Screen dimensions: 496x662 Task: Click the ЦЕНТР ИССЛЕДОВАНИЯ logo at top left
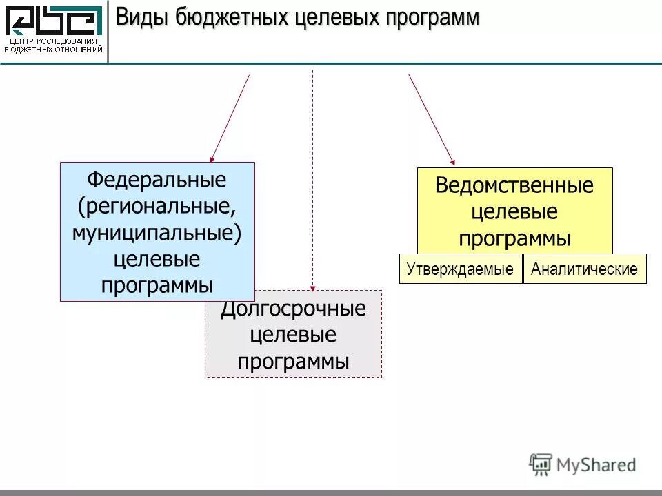coord(54,29)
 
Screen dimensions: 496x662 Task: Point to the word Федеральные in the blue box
coord(157,180)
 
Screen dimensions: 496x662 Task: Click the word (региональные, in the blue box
coord(157,207)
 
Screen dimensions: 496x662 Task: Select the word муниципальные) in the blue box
coord(157,233)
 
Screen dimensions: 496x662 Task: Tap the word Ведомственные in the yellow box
coord(514,185)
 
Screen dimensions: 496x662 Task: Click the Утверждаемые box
coord(460,269)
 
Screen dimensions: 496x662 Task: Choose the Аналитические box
coord(585,269)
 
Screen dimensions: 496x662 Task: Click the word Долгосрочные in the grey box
coord(293,309)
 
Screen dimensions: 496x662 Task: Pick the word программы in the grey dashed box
coord(293,362)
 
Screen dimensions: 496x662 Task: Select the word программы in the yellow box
coord(514,238)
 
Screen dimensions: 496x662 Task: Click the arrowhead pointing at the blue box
coord(212,158)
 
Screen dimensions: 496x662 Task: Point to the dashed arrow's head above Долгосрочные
coord(312,287)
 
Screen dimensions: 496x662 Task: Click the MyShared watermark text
coord(596,465)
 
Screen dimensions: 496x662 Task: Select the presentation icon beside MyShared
coord(541,464)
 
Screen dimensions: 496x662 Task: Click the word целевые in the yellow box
coord(514,212)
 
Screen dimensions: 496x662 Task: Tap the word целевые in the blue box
coord(157,259)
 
